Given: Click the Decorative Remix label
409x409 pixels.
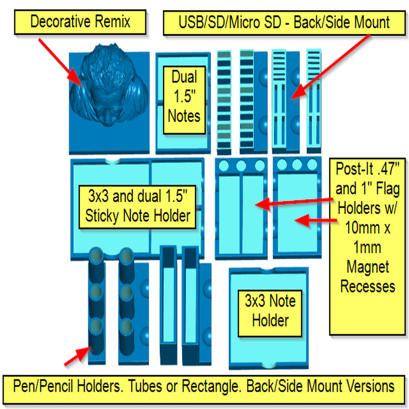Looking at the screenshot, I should click(80, 22).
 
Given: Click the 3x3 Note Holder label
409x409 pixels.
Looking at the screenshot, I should click(270, 311).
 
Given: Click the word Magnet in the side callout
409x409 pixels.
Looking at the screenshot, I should click(367, 266).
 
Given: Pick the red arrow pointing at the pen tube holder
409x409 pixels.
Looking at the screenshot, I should click(77, 357).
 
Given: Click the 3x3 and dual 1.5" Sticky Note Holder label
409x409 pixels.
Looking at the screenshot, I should click(137, 206).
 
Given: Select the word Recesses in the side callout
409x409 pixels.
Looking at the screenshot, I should click(367, 286).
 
